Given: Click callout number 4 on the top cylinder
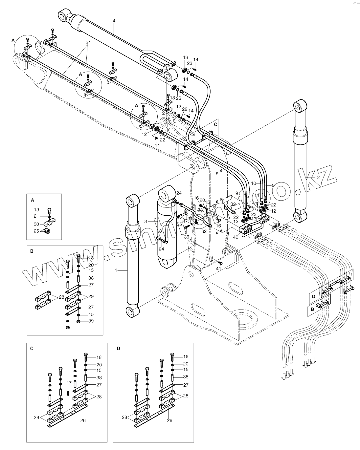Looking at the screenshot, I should coord(114,21).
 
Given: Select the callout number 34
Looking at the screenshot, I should coord(88,43).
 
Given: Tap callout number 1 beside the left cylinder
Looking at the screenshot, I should coord(116,270).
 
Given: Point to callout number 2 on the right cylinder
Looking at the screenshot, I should coord(318,177).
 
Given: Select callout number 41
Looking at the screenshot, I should coord(218,268).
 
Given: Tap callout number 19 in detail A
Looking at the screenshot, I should coord(37,209).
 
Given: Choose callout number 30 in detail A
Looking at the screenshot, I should coord(37,224).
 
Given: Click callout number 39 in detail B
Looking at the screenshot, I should coord(91,321).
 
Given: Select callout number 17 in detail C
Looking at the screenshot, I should coord(69,382).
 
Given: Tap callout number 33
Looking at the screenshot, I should coord(200,210).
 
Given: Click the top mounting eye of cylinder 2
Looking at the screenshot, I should coord(299,107).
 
